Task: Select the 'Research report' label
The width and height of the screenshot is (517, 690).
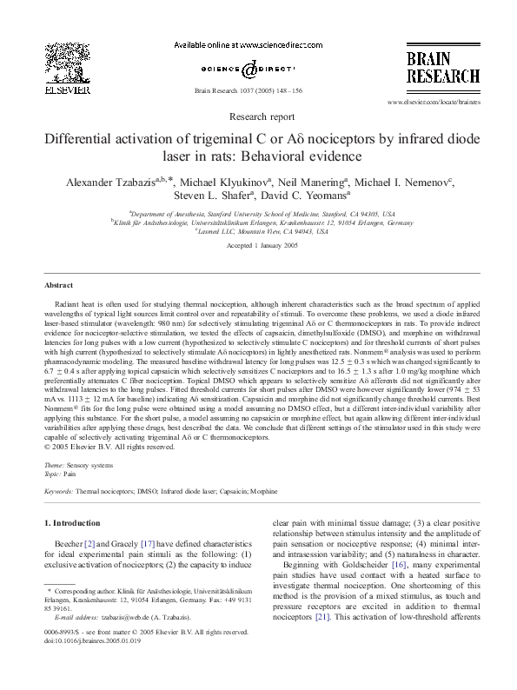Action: pyautogui.click(x=258, y=116)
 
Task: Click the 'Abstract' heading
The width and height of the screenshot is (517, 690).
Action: pyautogui.click(x=58, y=285)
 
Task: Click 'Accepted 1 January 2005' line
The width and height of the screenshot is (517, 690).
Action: pyautogui.click(x=258, y=246)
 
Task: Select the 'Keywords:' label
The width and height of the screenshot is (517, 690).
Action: pyautogui.click(x=59, y=492)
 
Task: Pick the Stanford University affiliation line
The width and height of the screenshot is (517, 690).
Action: pyautogui.click(x=258, y=212)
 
